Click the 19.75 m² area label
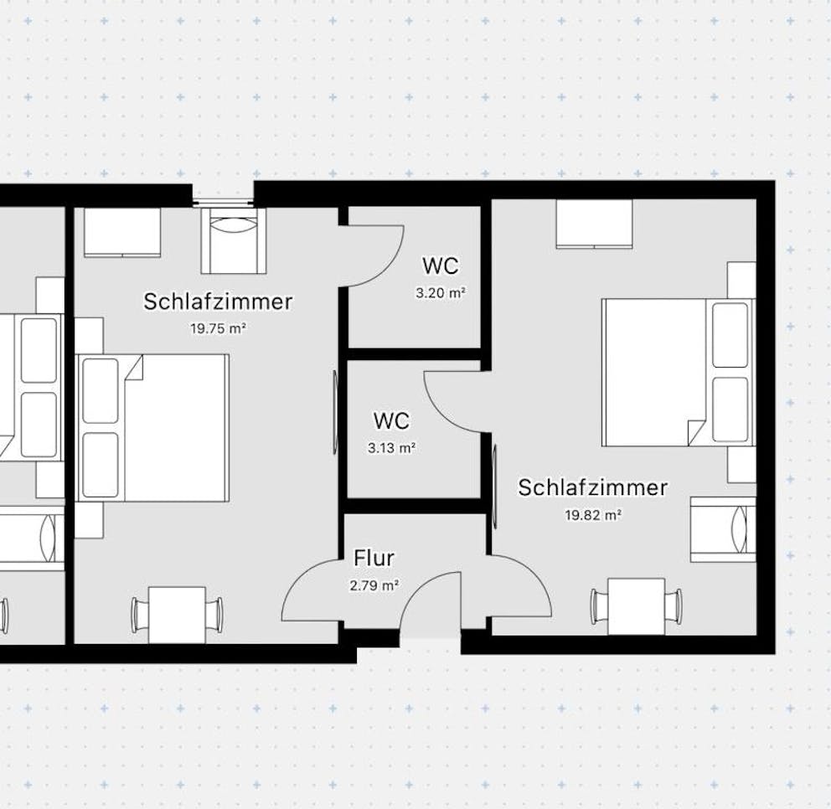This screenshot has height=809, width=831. click(218, 328)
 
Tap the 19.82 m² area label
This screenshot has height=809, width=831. click(593, 515)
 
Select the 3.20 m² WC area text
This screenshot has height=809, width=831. click(441, 293)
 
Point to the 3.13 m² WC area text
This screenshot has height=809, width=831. click(392, 448)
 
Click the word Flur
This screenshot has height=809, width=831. click(374, 558)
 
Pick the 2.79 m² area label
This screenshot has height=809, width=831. click(374, 585)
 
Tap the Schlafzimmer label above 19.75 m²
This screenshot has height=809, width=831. click(218, 301)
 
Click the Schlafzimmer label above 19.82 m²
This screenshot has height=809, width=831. click(592, 487)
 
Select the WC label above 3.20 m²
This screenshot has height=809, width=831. click(441, 265)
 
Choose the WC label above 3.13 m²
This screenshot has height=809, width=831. click(392, 420)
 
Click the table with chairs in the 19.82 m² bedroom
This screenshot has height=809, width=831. click(636, 606)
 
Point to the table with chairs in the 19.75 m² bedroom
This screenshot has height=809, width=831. click(177, 615)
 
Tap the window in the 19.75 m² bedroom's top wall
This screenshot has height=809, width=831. click(223, 202)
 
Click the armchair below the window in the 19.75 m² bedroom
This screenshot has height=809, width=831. click(233, 240)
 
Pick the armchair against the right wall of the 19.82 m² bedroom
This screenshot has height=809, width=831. click(723, 529)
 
